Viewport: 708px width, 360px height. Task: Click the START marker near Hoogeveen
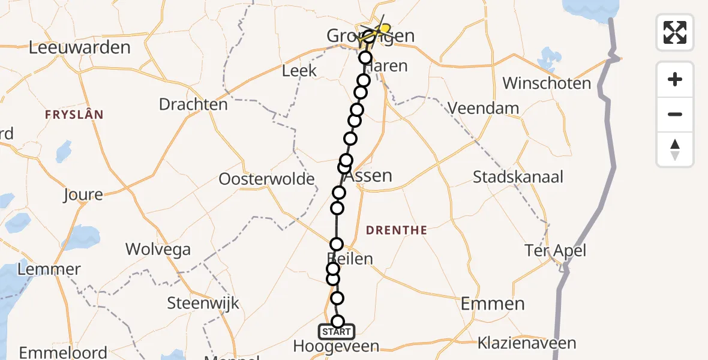(337, 332)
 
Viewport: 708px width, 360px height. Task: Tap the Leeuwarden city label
(79, 47)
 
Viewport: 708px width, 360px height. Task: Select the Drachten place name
(193, 104)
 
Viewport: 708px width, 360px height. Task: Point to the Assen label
(369, 176)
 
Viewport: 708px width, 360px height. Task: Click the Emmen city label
(493, 304)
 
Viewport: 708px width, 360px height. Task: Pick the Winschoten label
(547, 83)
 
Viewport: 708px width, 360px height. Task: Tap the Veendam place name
(483, 108)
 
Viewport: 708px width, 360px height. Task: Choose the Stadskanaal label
(518, 177)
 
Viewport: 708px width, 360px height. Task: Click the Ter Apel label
(555, 250)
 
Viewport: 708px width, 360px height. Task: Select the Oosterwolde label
(266, 179)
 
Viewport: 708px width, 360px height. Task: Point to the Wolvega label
(158, 249)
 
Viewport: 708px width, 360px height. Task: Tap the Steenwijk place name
(203, 303)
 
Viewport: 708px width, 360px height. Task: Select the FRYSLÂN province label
(74, 114)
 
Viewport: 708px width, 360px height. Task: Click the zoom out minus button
(675, 114)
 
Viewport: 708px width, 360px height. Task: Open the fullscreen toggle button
(675, 32)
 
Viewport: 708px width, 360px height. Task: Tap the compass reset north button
(675, 149)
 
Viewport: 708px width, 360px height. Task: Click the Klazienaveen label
(526, 344)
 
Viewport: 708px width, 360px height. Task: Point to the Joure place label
(83, 194)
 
